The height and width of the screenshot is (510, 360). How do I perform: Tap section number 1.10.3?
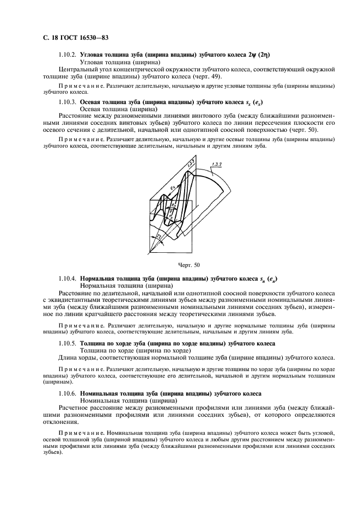tap(67, 102)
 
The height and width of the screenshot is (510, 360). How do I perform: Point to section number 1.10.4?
tap(67, 278)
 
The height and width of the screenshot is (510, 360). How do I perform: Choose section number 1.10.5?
tap(67, 343)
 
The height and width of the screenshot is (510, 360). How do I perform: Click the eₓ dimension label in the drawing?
tap(172, 189)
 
